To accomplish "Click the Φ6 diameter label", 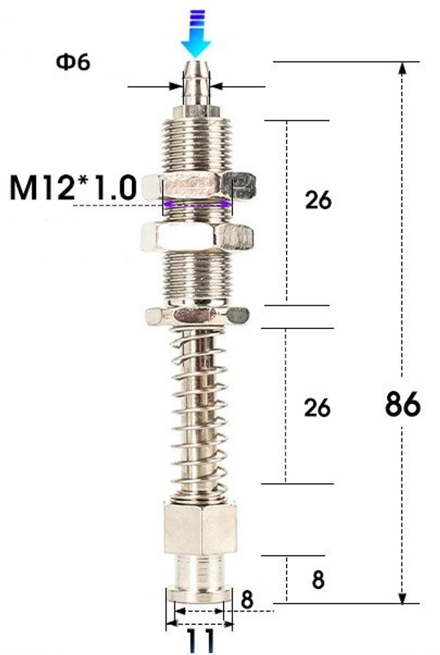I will tap(73, 62).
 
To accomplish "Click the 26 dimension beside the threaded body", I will tap(318, 200).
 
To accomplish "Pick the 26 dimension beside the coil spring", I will tap(317, 408).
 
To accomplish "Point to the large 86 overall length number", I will tap(402, 405).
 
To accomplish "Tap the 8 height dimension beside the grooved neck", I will tap(318, 580).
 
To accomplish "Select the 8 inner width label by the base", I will tap(247, 599).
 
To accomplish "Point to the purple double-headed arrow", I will tap(197, 205).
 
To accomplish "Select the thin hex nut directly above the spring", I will tap(197, 316).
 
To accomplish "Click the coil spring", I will tap(197, 408).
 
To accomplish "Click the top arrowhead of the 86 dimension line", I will tap(403, 68).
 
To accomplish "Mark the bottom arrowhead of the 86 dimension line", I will tap(403, 598).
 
